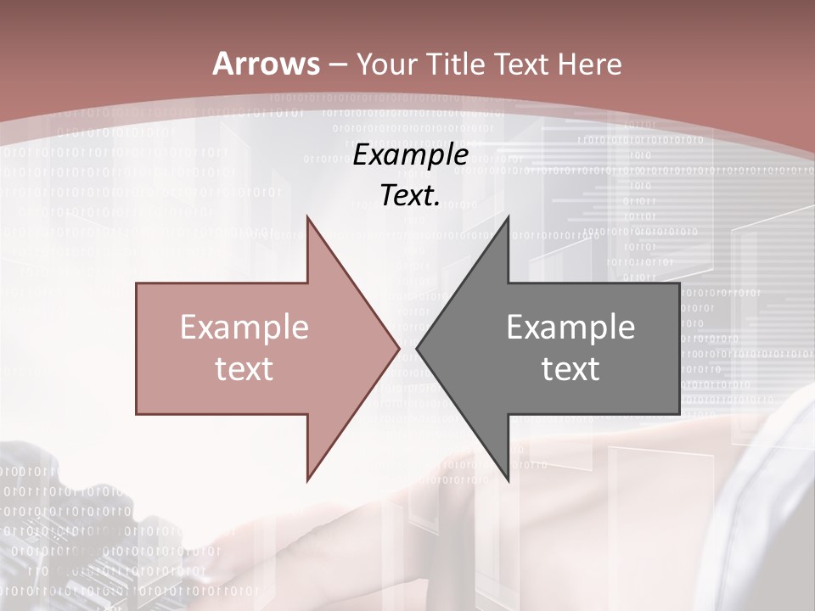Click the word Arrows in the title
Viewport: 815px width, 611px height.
tap(267, 64)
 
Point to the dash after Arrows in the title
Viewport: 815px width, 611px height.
tap(339, 65)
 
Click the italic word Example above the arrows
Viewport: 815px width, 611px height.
tap(411, 154)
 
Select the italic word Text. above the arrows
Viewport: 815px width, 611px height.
tap(411, 196)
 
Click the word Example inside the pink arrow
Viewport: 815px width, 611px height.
tap(244, 327)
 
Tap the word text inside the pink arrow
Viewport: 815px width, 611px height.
tap(244, 368)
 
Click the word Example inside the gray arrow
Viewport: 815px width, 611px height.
tap(570, 327)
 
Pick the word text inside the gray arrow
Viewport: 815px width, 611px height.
tap(570, 368)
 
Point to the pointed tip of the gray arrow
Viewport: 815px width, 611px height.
tap(418, 348)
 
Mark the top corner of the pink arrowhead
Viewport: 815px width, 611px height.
tap(307, 218)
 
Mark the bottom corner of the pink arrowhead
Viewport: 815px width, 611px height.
tap(307, 479)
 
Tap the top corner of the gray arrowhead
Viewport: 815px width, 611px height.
tap(508, 218)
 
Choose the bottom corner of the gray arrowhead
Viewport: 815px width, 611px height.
tap(508, 479)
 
